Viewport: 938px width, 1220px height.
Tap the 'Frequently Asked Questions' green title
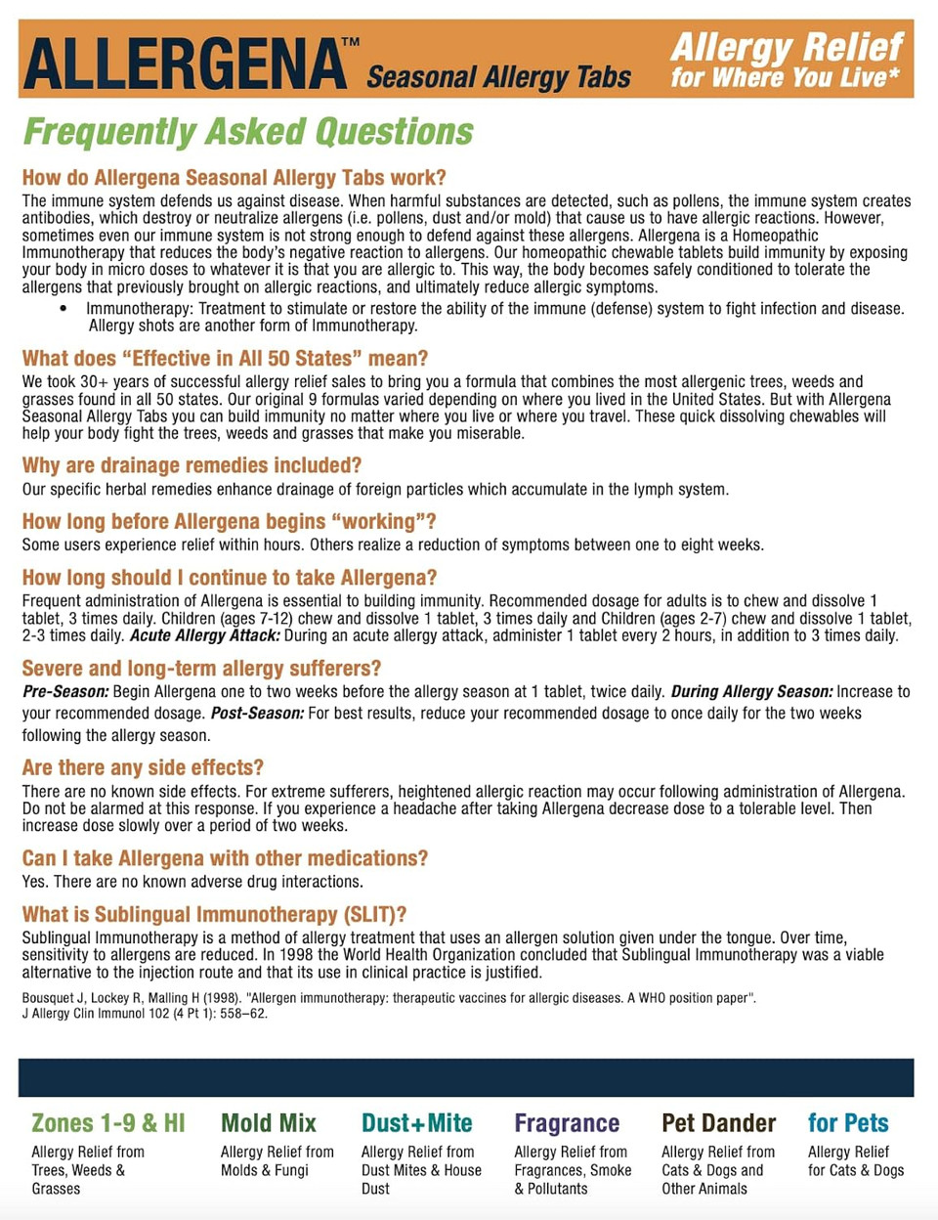tap(248, 132)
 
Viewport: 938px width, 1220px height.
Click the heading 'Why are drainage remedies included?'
tap(192, 465)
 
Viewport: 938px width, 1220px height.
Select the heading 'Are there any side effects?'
tap(143, 767)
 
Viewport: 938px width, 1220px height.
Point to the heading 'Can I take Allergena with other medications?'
tap(225, 858)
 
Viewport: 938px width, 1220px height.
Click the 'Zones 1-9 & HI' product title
tap(107, 1123)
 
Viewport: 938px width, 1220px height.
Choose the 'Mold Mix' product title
tap(269, 1123)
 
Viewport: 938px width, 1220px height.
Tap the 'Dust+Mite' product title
tap(417, 1123)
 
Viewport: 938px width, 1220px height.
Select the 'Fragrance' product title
tap(567, 1123)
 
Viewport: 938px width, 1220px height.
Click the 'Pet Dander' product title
tap(719, 1123)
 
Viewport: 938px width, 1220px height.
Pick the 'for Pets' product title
tap(848, 1123)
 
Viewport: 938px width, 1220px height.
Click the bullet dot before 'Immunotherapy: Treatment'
tap(64, 309)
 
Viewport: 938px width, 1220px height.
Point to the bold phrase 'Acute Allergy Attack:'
tap(205, 635)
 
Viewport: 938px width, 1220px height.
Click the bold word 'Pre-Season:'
tap(65, 692)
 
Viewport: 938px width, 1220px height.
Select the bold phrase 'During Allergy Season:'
tap(751, 692)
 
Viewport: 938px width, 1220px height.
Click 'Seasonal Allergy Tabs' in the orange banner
tap(498, 77)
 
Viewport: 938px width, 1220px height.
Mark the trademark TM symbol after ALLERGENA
tap(350, 43)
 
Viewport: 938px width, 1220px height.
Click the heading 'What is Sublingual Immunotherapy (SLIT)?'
tap(214, 914)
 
